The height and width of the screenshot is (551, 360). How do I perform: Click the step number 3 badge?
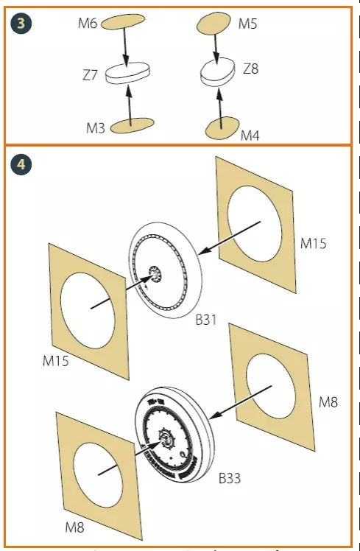coord(21,24)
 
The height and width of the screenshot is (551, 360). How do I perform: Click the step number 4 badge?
coord(21,164)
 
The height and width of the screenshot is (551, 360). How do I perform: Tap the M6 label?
coord(88,24)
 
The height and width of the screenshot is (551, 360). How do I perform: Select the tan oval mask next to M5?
coord(213,24)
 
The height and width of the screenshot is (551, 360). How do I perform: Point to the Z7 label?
coord(90,75)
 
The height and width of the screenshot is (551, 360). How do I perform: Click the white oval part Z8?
coord(217,72)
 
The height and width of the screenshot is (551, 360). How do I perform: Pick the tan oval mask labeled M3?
coord(133,126)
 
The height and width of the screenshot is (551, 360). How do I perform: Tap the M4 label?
coord(250,136)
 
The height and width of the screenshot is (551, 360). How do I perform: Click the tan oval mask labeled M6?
coord(123,22)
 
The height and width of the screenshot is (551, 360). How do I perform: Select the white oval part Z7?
coord(129,73)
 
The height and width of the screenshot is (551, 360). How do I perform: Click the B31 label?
coord(206,320)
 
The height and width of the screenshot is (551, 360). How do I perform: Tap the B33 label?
coord(230,478)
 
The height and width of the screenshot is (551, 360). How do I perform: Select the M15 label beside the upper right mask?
coord(313,243)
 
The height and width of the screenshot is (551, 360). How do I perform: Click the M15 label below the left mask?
coord(55,361)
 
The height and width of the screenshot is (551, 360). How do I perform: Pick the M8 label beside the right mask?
coord(328,402)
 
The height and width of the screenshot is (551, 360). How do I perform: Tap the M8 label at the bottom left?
coord(74,527)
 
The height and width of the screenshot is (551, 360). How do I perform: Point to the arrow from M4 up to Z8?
coord(220,108)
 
